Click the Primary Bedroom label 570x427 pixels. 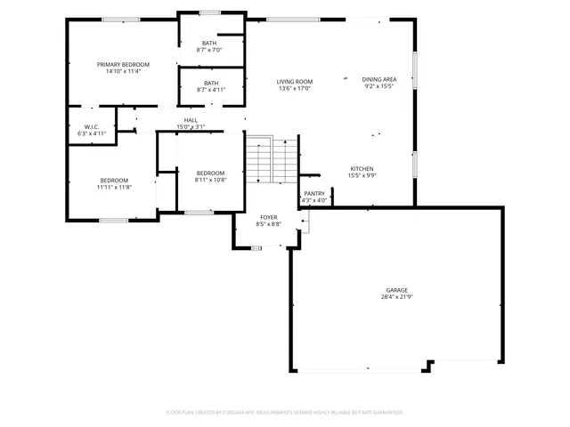[x=123, y=64]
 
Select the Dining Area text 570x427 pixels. [x=379, y=79]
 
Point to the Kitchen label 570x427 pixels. [x=361, y=168]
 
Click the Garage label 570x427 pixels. [x=396, y=290]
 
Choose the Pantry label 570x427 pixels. [x=314, y=193]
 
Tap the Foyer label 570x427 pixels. [x=269, y=217]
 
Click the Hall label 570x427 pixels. [x=191, y=120]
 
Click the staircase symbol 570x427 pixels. [x=272, y=158]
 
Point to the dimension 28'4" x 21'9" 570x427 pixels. [x=396, y=297]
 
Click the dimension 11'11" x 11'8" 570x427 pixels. [x=114, y=188]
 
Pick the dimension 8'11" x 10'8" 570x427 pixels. [x=210, y=180]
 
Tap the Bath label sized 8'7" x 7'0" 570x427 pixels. [x=209, y=43]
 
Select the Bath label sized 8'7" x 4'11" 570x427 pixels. [x=209, y=83]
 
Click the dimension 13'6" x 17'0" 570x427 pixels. [x=295, y=88]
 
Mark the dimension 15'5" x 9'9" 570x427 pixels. [x=361, y=175]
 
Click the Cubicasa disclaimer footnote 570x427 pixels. [x=284, y=413]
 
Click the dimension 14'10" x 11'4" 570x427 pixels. [x=123, y=71]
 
